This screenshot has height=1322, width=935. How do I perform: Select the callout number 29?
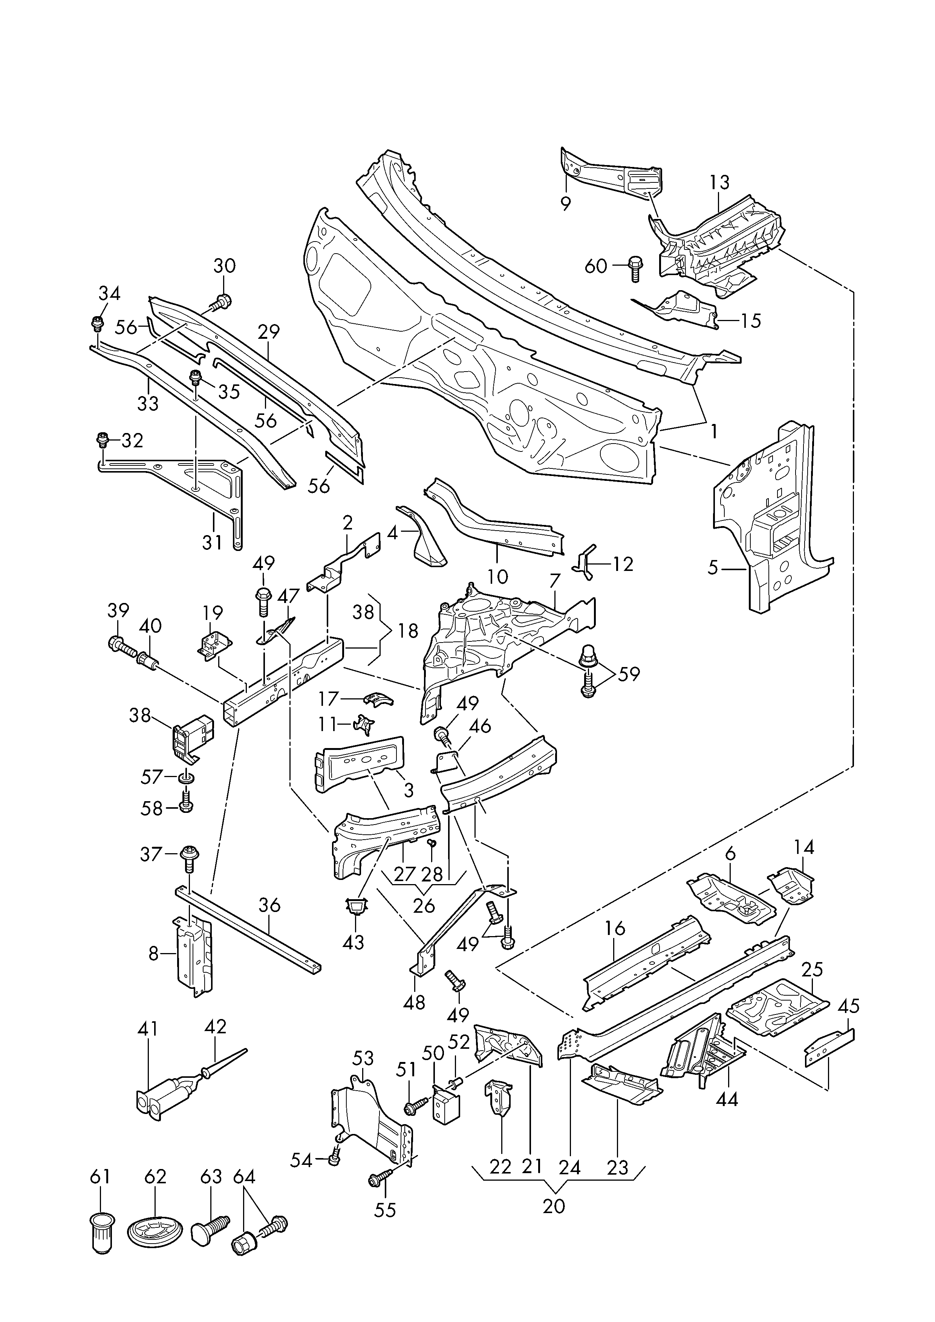(x=268, y=332)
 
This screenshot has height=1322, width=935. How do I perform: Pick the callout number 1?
(x=714, y=432)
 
